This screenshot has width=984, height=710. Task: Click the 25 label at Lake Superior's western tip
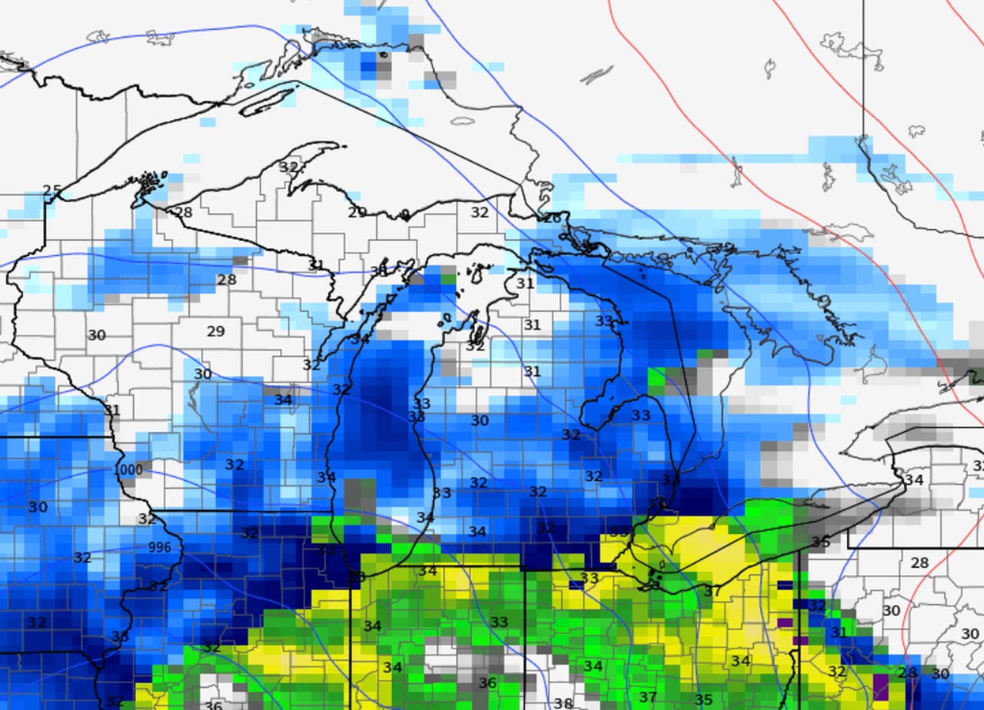pyautogui.click(x=52, y=190)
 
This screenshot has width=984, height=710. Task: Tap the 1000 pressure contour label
pyautogui.click(x=128, y=469)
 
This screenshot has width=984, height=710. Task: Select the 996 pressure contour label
pyautogui.click(x=159, y=547)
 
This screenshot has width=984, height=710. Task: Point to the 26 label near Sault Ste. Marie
pyautogui.click(x=551, y=217)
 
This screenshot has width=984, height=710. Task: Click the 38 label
pyautogui.click(x=563, y=702)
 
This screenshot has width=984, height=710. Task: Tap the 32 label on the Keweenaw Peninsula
pyautogui.click(x=288, y=167)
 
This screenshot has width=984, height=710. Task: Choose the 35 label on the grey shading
pyautogui.click(x=820, y=542)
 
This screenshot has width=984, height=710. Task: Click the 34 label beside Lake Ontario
pyautogui.click(x=913, y=480)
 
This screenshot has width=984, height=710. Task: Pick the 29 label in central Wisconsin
pyautogui.click(x=216, y=332)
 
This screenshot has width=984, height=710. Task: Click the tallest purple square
pyautogui.click(x=879, y=684)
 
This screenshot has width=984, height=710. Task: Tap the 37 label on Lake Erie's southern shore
pyautogui.click(x=712, y=592)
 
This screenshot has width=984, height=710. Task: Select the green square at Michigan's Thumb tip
pyautogui.click(x=656, y=379)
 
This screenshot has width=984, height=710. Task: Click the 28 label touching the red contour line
pyautogui.click(x=909, y=673)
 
